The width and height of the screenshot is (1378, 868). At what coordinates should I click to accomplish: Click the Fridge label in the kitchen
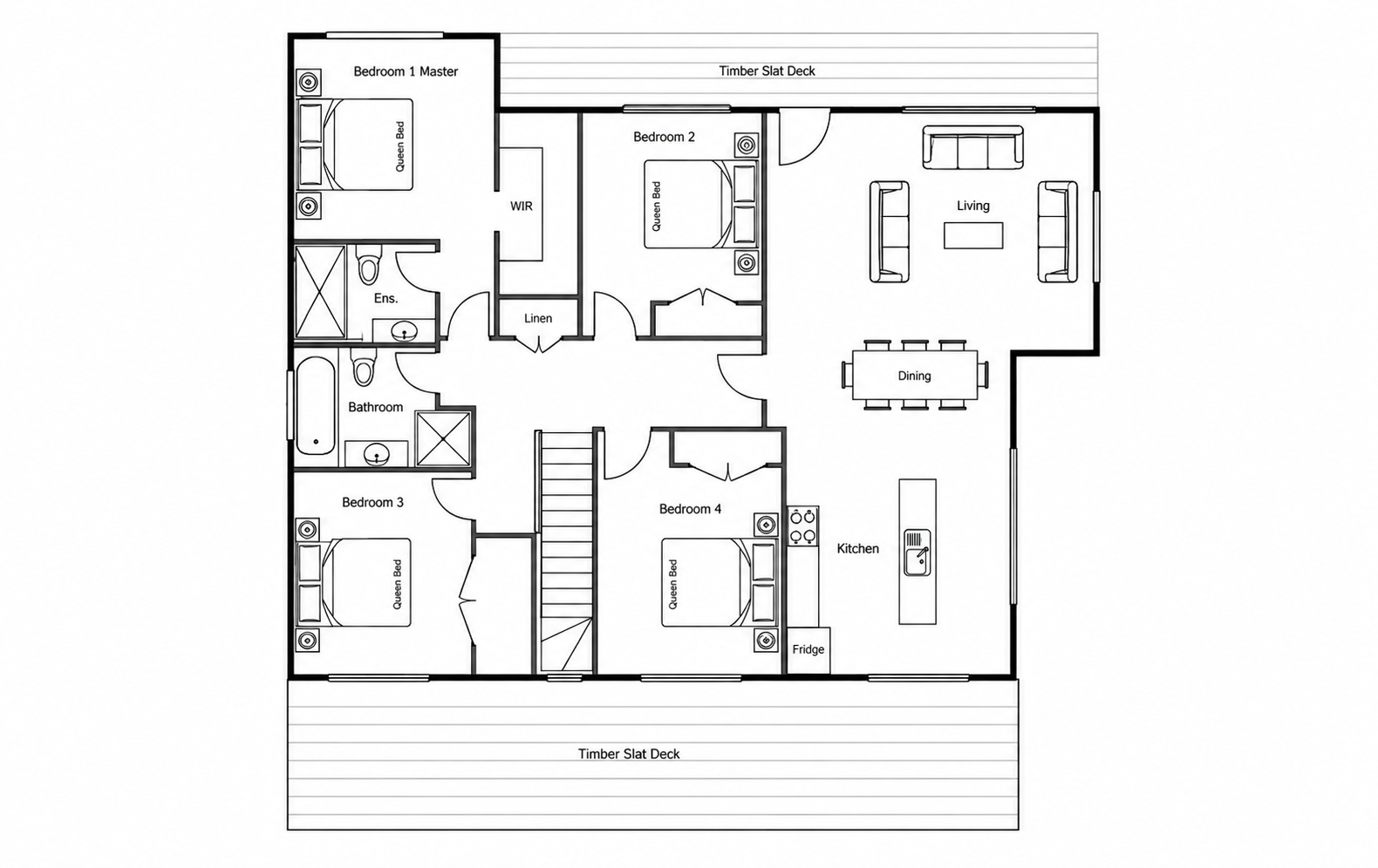(x=808, y=650)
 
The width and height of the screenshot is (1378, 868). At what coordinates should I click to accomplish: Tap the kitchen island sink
(x=917, y=553)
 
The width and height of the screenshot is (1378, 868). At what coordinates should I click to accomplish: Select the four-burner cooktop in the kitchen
(x=802, y=526)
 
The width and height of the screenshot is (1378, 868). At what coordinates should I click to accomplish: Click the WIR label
(x=521, y=207)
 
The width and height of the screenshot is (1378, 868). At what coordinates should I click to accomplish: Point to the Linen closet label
(x=537, y=318)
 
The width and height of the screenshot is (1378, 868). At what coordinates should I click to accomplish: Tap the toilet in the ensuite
(x=369, y=265)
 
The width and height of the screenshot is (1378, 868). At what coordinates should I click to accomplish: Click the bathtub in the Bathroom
(x=316, y=405)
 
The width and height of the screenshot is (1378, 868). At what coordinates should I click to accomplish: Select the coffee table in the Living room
(x=973, y=235)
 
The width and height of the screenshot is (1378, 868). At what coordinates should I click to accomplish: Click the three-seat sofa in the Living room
(x=972, y=147)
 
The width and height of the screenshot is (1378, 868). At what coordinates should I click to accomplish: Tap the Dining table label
(x=914, y=376)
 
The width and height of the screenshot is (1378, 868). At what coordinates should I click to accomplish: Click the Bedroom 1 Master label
(x=406, y=72)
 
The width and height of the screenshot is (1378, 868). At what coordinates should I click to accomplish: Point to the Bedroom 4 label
(x=690, y=509)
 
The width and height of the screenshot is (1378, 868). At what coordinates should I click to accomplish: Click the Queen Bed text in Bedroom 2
(x=657, y=207)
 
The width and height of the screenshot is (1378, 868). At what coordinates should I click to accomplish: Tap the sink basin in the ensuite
(x=404, y=330)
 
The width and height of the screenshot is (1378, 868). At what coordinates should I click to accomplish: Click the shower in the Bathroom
(x=443, y=438)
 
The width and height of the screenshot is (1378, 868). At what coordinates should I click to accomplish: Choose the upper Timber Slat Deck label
(x=767, y=71)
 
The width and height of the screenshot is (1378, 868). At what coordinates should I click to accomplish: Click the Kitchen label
(x=857, y=549)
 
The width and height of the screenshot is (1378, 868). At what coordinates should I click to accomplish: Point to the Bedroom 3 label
(x=372, y=503)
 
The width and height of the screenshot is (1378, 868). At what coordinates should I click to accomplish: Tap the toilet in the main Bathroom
(x=364, y=367)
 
